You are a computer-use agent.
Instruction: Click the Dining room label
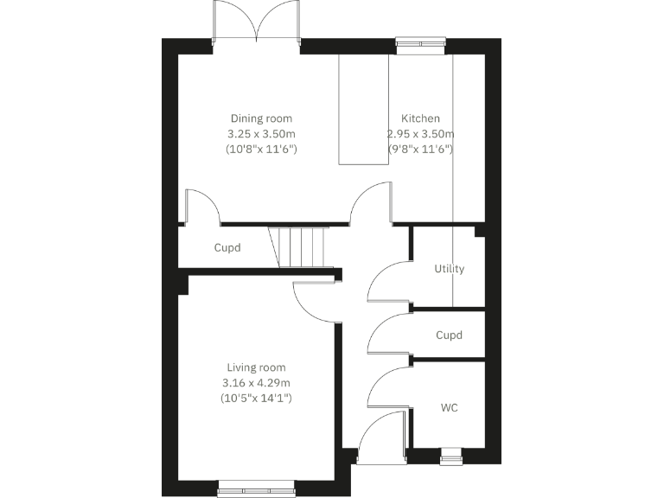tap(260, 118)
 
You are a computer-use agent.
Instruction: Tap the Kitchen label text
tap(420, 118)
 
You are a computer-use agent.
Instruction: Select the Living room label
tap(256, 367)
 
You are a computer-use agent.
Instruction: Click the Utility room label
tap(449, 269)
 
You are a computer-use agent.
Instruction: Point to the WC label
tap(449, 407)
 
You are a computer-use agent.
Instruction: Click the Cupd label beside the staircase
tap(227, 248)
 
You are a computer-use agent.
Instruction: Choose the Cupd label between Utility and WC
tap(449, 335)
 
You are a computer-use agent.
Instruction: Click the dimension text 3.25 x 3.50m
tap(260, 134)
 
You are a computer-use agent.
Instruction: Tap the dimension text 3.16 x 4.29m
tap(256, 383)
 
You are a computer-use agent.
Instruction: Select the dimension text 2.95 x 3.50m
tap(420, 134)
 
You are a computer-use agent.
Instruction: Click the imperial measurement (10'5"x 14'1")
tap(256, 399)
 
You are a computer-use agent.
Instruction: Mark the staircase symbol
tap(299, 246)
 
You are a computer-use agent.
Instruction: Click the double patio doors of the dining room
tap(257, 22)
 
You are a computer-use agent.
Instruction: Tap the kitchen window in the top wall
tap(420, 40)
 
